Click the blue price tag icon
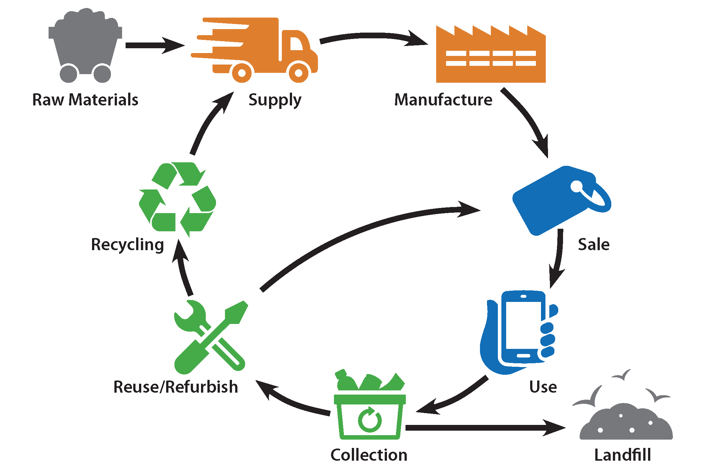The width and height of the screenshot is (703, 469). [x=561, y=201]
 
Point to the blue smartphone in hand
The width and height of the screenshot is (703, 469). [x=519, y=332]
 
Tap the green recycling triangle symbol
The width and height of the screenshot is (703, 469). [x=177, y=199]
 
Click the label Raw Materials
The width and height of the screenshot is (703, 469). [x=85, y=100]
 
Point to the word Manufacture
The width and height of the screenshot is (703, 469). [x=443, y=100]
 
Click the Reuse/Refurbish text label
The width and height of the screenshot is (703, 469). [x=176, y=387]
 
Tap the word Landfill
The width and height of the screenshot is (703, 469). [x=622, y=455]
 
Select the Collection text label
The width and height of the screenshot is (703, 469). [x=369, y=455]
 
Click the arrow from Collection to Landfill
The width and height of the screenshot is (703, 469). [x=485, y=428]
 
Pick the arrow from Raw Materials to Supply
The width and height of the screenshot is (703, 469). [x=155, y=45]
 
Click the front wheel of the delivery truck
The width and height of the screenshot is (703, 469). [x=298, y=73]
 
